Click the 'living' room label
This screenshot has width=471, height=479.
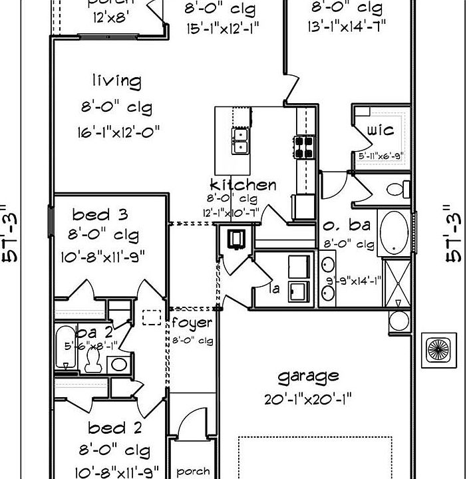tap(116, 82)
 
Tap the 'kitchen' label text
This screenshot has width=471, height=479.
tap(243, 184)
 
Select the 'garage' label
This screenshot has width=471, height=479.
tap(308, 377)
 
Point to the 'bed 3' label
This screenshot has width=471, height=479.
tap(100, 214)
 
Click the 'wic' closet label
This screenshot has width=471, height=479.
tap(380, 130)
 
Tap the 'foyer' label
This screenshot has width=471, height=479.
tap(192, 323)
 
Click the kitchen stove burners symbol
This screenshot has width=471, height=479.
tap(305, 146)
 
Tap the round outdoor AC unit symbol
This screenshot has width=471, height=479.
tap(440, 349)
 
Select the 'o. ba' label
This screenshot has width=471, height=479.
tap(347, 226)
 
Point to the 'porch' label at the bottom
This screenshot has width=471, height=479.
tap(193, 472)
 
